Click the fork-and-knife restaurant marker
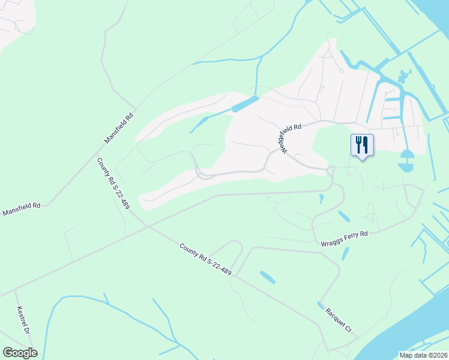pyautogui.click(x=362, y=145)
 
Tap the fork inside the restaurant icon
pyautogui.click(x=358, y=144)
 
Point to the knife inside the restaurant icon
pyautogui.click(x=366, y=144)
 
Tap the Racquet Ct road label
pyautogui.click(x=339, y=320)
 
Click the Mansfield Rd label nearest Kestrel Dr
pyautogui.click(x=22, y=209)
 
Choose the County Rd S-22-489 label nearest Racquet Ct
pyautogui.click(x=205, y=259)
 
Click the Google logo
pyautogui.click(x=20, y=353)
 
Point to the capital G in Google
pyautogui.click(x=7, y=353)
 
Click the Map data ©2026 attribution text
pyautogui.click(x=424, y=355)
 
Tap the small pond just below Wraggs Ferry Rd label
pyautogui.click(x=345, y=253)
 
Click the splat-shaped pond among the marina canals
pyautogui.click(x=403, y=76)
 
